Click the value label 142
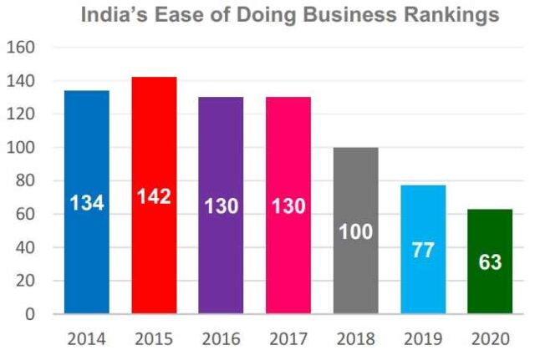pyautogui.click(x=154, y=197)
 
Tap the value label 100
pyautogui.click(x=355, y=232)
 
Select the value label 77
pyautogui.click(x=422, y=250)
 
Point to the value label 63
pyautogui.click(x=489, y=261)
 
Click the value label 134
pyautogui.click(x=87, y=201)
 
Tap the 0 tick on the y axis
pyautogui.click(x=30, y=315)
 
